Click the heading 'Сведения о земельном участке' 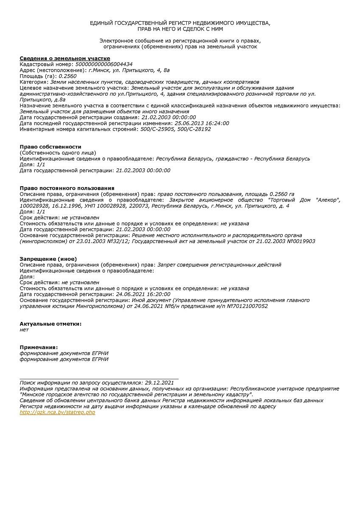pyautogui.click(x=65, y=59)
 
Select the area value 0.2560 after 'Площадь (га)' pyautogui.click(x=67, y=76)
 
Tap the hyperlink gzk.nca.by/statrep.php pyautogui.click(x=57, y=412)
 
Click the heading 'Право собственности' pyautogui.click(x=51, y=147)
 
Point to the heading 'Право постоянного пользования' pyautogui.click(x=67, y=188)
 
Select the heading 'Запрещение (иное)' pyautogui.click(x=48, y=259)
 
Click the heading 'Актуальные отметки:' pyautogui.click(x=51, y=324)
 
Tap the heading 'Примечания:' pyautogui.click(x=39, y=347)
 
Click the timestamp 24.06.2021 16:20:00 pyautogui.click(x=143, y=294)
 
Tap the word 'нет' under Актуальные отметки pyautogui.click(x=24, y=330)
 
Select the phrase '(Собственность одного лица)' pyautogui.click(x=58, y=153)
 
